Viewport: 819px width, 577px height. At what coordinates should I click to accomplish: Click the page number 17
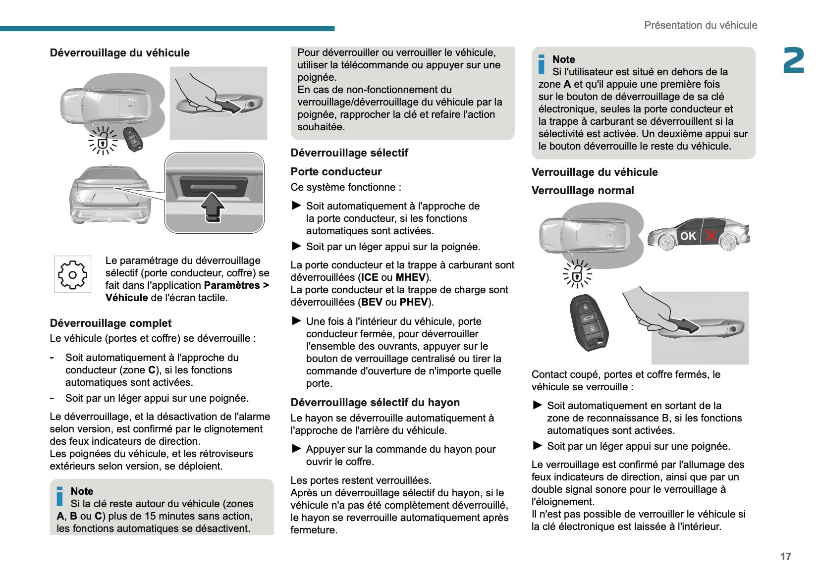(785, 556)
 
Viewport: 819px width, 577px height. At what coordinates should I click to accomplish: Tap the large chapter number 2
(793, 61)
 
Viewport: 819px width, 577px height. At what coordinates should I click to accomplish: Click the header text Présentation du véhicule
(700, 25)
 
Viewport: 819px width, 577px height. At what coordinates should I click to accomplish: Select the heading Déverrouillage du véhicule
(119, 53)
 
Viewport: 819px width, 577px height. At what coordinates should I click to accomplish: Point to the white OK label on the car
(688, 236)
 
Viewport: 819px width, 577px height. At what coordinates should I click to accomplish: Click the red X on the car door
(711, 235)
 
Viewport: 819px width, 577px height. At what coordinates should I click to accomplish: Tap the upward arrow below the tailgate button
(213, 207)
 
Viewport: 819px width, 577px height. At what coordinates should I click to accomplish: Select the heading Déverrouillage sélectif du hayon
(375, 402)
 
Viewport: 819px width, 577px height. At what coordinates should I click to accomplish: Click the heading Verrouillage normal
(582, 191)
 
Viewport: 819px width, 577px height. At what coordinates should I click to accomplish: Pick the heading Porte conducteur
(336, 172)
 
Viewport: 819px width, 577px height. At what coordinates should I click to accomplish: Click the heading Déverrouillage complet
(110, 323)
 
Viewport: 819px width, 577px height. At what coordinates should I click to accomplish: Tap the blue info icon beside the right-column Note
(541, 64)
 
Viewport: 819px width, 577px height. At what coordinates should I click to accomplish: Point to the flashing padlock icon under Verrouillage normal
(577, 274)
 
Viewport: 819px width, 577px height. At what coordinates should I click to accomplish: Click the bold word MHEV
(410, 277)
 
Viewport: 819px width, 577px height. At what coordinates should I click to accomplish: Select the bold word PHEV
(413, 302)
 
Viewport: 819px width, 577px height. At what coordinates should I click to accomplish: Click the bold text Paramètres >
(236, 285)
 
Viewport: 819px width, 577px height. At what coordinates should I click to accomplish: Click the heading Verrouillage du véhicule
(595, 172)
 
